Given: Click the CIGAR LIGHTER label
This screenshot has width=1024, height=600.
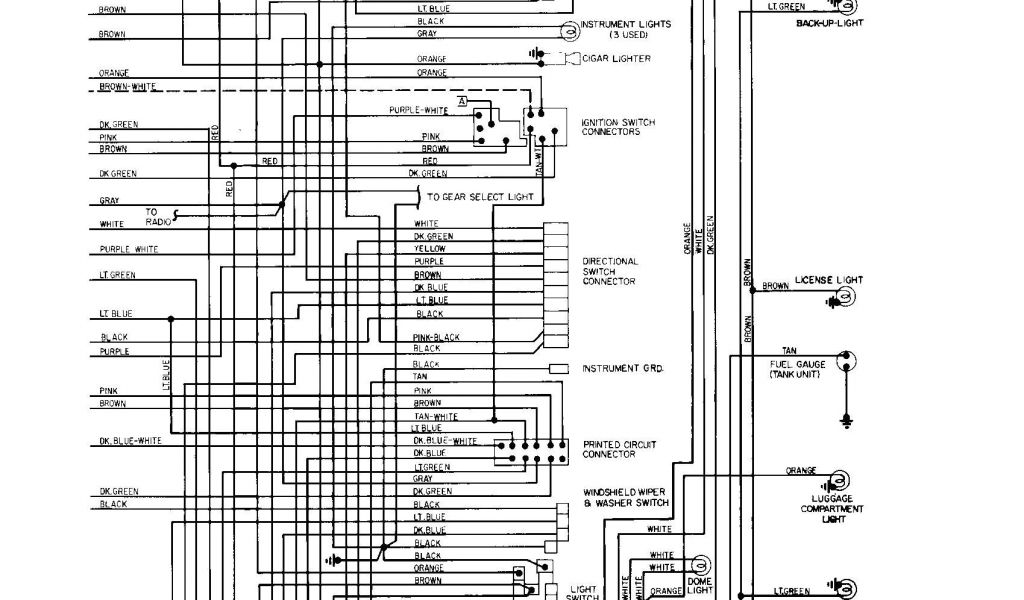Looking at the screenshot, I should point(617,59).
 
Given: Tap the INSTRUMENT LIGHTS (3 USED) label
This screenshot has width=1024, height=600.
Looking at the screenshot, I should point(625,29).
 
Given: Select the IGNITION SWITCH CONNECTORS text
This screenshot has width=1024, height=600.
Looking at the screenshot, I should point(617,127).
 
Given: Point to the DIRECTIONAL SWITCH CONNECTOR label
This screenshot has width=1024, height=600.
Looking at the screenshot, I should point(609,271).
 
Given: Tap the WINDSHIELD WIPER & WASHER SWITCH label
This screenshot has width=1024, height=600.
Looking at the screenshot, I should point(626,497).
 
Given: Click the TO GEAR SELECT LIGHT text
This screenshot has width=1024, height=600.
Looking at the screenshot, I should point(480,197).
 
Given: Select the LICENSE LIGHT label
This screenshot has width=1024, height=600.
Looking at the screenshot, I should point(828,280).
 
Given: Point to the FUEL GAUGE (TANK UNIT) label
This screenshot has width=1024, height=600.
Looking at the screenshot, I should point(797,369).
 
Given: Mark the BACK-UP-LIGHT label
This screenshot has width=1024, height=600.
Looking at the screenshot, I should point(829,22).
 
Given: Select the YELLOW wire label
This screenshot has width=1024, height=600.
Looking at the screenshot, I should point(430,249).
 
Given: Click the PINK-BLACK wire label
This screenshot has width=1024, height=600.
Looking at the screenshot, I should point(436,337).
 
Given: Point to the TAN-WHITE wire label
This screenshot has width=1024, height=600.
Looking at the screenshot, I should point(435,416).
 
